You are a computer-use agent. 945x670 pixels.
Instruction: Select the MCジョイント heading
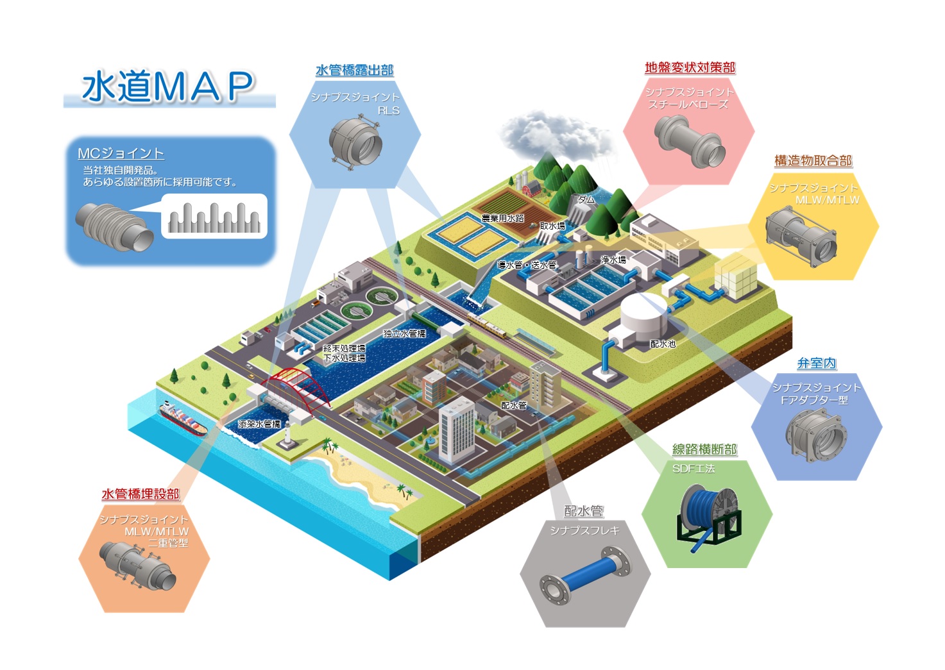(x=121, y=153)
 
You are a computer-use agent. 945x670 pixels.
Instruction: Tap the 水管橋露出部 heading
(x=354, y=70)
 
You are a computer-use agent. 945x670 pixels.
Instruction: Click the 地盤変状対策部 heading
(x=690, y=67)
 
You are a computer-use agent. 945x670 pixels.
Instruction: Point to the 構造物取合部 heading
(x=813, y=160)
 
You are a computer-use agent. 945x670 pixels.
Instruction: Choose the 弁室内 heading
(x=816, y=363)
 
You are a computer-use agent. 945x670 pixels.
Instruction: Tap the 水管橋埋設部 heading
(x=140, y=494)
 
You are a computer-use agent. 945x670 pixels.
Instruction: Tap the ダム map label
(x=586, y=199)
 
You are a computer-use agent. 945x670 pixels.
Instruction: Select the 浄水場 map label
(x=613, y=260)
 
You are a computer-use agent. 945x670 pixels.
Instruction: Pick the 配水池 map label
(x=663, y=344)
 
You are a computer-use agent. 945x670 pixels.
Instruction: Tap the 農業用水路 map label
(x=502, y=218)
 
